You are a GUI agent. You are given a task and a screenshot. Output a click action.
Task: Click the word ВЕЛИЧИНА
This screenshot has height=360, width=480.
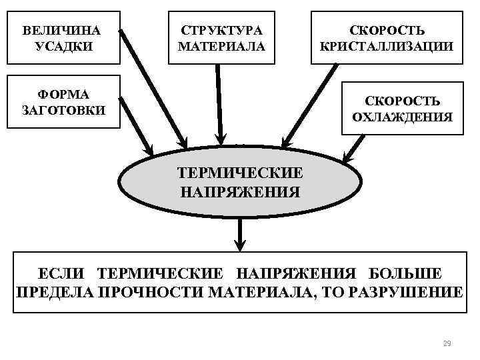coord(61,31)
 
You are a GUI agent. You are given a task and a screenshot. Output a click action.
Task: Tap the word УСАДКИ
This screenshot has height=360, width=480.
coord(61,47)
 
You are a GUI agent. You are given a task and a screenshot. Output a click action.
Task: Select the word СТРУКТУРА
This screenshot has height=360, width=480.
coord(221,31)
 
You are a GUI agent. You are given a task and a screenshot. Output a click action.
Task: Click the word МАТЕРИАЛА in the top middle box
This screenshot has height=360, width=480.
coord(221,47)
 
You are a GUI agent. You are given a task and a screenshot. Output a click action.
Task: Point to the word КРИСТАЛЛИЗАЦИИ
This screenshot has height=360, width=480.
coord(387,47)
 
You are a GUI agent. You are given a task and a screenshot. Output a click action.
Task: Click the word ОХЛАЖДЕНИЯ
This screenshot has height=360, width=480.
coord(403,117)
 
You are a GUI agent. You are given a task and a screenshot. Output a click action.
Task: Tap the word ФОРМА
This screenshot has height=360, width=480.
coord(63,94)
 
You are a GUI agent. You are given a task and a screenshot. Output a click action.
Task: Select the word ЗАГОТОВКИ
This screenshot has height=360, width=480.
coord(63,110)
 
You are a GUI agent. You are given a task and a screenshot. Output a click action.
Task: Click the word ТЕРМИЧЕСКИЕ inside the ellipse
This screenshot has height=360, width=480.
coord(240,173)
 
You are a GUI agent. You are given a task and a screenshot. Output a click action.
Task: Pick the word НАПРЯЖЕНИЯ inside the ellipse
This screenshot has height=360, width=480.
coord(240,192)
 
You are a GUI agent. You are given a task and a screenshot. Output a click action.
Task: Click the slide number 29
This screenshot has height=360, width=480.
coord(447,344)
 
